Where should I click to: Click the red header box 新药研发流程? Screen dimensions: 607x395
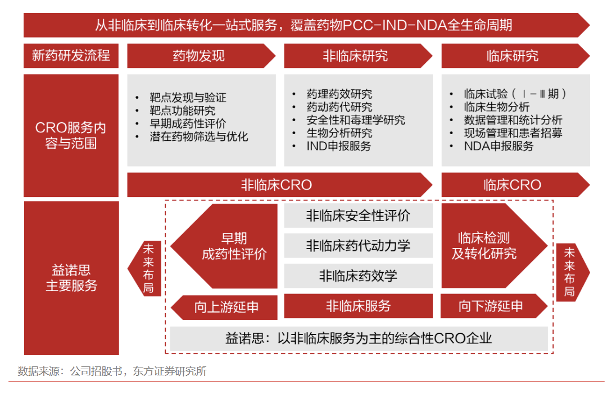(x=71, y=56)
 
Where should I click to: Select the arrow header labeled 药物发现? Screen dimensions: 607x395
(x=201, y=56)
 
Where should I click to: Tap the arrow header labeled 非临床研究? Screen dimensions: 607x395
(x=358, y=56)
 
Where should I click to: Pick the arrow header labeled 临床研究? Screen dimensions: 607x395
(x=515, y=56)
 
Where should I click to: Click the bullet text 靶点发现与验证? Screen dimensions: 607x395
(x=188, y=98)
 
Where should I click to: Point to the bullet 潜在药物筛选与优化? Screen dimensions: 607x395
(x=199, y=136)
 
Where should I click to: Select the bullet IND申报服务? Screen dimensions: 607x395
(x=339, y=146)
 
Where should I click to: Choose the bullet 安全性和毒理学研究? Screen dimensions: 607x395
(x=356, y=120)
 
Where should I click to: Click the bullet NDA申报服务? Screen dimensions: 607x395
(x=499, y=146)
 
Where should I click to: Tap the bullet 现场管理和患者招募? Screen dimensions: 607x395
(x=513, y=133)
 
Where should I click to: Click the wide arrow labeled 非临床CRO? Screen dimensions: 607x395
(x=279, y=185)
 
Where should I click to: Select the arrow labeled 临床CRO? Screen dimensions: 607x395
(x=515, y=185)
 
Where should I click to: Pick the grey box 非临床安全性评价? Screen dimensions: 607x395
(x=359, y=215)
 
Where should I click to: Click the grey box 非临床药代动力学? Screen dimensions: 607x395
(x=359, y=245)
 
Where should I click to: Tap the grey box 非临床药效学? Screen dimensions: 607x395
(x=359, y=276)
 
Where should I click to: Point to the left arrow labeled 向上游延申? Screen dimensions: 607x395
(x=224, y=307)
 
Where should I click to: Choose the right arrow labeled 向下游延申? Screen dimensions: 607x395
(x=494, y=306)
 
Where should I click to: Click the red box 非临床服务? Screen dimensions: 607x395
(x=359, y=306)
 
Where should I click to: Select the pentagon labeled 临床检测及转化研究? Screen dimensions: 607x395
(x=494, y=246)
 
